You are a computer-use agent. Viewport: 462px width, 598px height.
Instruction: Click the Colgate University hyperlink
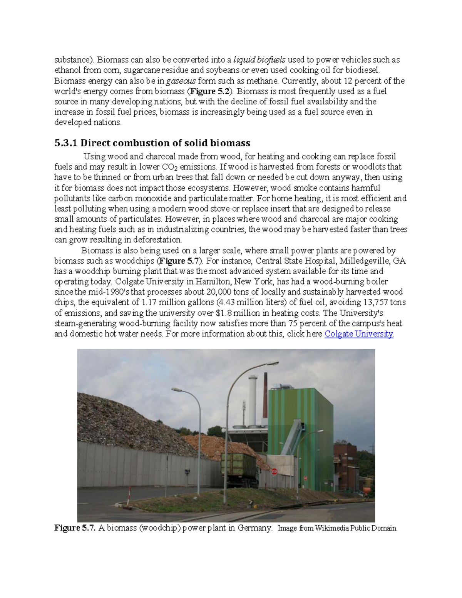pyautogui.click(x=358, y=334)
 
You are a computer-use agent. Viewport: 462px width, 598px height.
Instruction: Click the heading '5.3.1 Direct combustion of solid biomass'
pyautogui.click(x=152, y=143)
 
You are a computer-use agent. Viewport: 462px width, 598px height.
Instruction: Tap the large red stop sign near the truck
pyautogui.click(x=274, y=471)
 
